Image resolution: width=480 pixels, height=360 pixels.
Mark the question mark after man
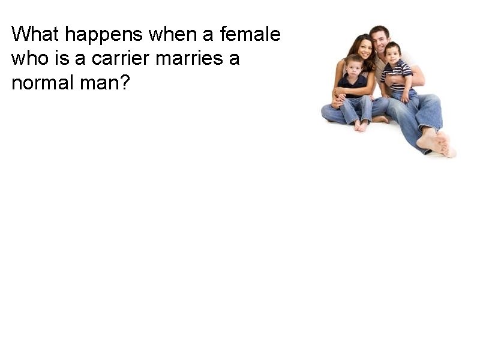(125, 82)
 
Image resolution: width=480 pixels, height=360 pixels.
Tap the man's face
(379, 40)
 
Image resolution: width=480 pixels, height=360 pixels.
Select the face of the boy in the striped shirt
(393, 53)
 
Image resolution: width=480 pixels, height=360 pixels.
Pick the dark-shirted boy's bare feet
(361, 125)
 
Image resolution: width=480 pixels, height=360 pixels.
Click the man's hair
(379, 29)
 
